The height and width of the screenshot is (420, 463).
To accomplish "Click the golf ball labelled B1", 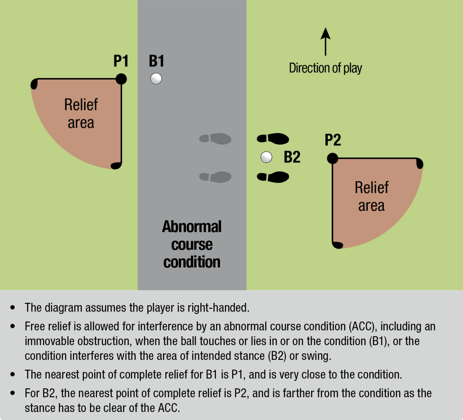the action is (x=156, y=79).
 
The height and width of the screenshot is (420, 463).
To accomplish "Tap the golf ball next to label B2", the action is (x=266, y=157).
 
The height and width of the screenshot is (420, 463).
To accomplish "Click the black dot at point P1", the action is (x=121, y=79).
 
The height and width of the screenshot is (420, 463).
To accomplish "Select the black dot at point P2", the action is (x=333, y=159).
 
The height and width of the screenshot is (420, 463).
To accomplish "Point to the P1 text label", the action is (x=121, y=61).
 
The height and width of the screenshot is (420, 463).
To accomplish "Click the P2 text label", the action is (x=333, y=140).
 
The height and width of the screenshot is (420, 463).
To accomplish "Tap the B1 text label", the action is (x=156, y=61).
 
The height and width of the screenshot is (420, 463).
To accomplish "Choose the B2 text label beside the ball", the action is (x=292, y=157).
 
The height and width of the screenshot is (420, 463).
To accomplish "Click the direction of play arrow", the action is (x=325, y=42).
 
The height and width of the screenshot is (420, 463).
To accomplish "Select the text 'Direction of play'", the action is (x=325, y=68).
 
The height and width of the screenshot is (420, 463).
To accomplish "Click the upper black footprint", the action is (x=273, y=139).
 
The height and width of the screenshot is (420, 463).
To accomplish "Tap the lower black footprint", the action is (x=273, y=177).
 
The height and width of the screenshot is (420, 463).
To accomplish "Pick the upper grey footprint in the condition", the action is (x=215, y=139).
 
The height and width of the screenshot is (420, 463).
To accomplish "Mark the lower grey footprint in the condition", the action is (x=215, y=177).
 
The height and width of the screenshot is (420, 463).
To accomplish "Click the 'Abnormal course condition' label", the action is (x=192, y=244).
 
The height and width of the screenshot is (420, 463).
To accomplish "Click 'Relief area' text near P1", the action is (x=81, y=113).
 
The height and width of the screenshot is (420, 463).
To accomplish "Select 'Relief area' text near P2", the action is (x=372, y=196).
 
